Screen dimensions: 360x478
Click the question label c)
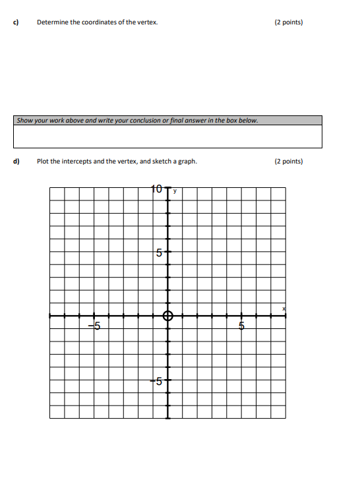click(15, 22)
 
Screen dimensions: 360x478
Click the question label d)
click(15, 161)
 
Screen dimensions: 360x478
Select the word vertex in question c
click(148, 22)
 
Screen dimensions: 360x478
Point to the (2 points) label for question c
click(288, 22)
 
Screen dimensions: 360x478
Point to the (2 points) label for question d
click(288, 161)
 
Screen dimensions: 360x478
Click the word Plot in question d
click(43, 161)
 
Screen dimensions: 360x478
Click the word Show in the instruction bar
click(24, 121)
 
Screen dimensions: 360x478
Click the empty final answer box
click(168, 136)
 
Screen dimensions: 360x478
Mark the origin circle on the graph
click(167, 315)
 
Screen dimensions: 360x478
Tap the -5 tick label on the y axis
click(157, 380)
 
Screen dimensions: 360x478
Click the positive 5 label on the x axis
click(241, 326)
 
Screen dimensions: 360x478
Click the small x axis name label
click(285, 308)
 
